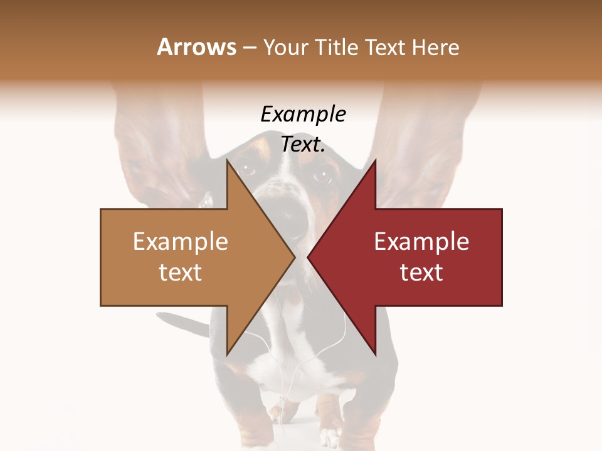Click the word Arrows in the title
196,47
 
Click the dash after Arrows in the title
249,48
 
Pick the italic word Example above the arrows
303,115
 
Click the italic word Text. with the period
303,145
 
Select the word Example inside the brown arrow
181,242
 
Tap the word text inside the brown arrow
181,272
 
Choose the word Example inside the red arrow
421,242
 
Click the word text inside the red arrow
421,272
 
